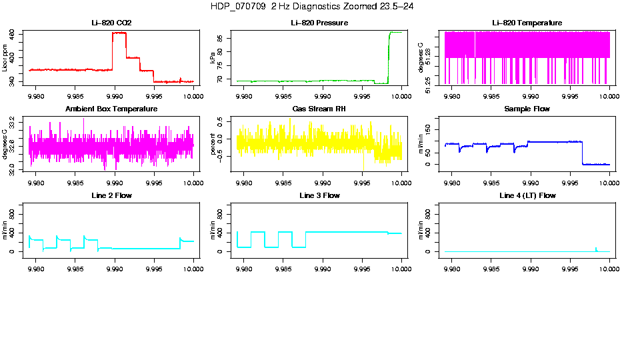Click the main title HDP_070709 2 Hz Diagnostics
[311, 6]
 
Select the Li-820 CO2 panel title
[111, 23]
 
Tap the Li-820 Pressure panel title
[320, 23]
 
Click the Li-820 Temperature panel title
[527, 23]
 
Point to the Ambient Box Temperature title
[111, 109]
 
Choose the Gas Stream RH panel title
[320, 109]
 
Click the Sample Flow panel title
[527, 109]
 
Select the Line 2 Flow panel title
[111, 195]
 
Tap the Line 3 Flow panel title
[320, 195]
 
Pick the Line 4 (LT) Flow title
[527, 195]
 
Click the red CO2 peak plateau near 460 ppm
[119, 33]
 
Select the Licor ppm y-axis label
[5, 58]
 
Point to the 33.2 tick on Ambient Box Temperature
[14, 119]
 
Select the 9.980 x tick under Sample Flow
[452, 182]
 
